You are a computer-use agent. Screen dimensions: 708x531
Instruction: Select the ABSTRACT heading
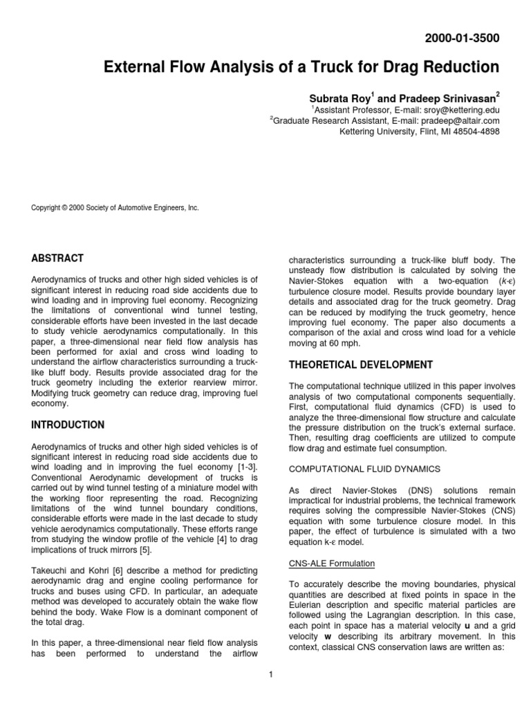(x=57, y=258)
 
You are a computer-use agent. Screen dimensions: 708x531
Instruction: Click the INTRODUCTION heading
(x=68, y=425)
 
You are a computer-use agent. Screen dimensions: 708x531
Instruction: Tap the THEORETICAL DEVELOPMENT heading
(x=360, y=364)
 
